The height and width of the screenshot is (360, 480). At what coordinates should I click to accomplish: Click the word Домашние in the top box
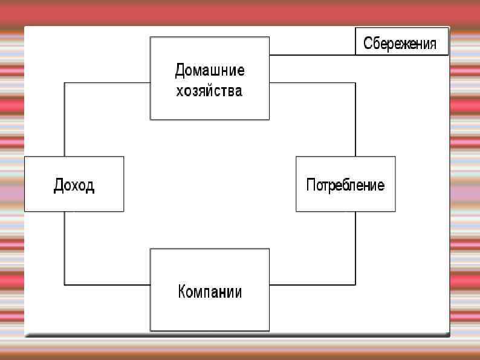coord(210,70)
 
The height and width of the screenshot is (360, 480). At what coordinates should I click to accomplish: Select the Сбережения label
coord(400,44)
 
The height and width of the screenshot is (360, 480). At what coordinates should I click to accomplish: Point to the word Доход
coord(74,185)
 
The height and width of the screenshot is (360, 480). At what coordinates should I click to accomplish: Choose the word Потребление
coord(345,185)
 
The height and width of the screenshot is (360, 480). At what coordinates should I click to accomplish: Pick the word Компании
coord(210,292)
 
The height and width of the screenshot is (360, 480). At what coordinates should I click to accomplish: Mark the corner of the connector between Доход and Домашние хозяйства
coord(65,83)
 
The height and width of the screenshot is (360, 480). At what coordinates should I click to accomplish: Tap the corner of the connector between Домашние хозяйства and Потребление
coord(355,83)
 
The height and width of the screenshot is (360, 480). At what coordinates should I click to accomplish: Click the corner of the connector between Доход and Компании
coord(65,284)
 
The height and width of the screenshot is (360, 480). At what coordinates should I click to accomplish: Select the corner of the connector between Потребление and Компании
coord(355,284)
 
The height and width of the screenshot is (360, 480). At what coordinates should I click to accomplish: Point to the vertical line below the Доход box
coord(65,248)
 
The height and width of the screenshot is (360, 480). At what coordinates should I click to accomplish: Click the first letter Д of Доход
coord(59,185)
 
